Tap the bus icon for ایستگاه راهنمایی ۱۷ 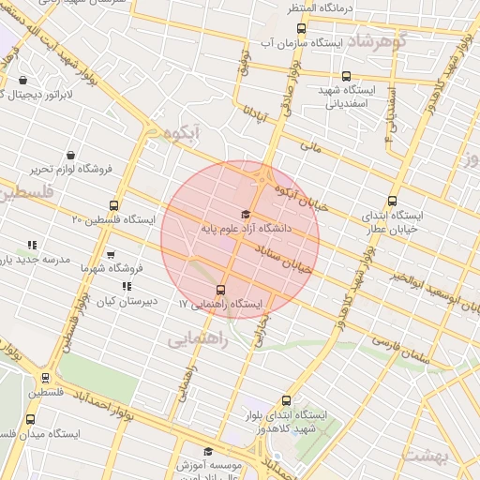tap(221, 290)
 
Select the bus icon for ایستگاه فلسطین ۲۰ tap(114, 205)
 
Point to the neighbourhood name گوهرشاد tap(377, 40)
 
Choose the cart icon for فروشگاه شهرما tap(112, 254)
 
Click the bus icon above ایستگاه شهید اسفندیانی tap(346, 76)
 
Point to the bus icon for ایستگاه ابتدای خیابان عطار tap(392, 200)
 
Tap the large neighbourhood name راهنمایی tap(198, 341)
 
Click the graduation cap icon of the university tap(247, 214)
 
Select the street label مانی tap(310, 147)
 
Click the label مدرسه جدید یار tap(33, 259)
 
